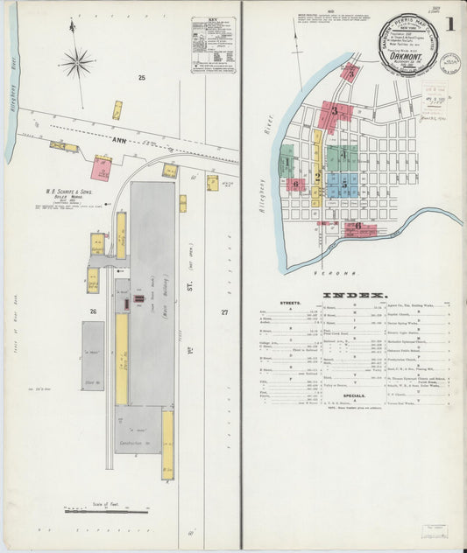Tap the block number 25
(x=140, y=78)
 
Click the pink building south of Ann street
(x=103, y=166)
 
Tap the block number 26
(x=93, y=311)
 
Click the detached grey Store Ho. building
(x=93, y=355)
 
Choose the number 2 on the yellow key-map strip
(x=317, y=176)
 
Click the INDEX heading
(x=354, y=296)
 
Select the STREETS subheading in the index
(x=292, y=304)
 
